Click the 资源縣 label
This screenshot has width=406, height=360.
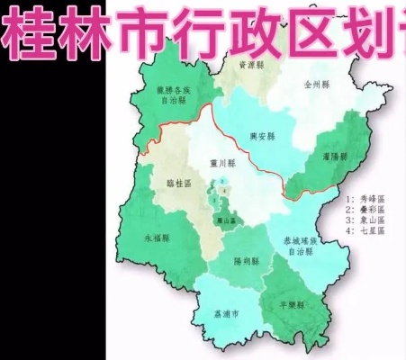click(248, 66)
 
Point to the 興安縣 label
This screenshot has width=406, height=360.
click(263, 137)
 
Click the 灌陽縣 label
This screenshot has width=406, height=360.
click(335, 156)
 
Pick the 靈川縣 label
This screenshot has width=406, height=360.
click(221, 164)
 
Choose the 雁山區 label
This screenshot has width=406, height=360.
click(225, 219)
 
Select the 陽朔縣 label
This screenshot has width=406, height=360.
click(246, 261)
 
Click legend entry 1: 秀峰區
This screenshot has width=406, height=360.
click(365, 197)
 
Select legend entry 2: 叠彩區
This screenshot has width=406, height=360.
click(365, 208)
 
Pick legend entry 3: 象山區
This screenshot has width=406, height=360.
click(365, 219)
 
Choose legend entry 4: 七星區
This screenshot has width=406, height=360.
click(365, 230)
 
